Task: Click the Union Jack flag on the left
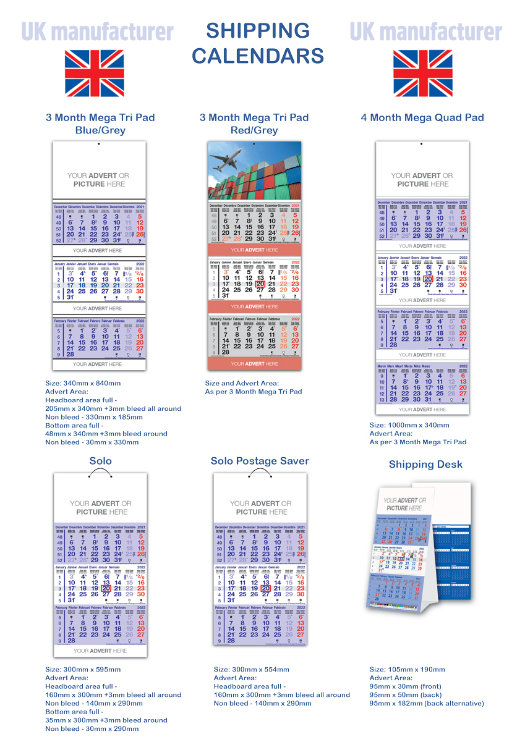95,74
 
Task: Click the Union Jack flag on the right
423,74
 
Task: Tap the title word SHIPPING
258,31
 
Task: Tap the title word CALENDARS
258,56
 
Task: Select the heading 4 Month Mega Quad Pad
422,117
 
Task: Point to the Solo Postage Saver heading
260,461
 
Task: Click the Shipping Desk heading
425,465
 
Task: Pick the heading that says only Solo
100,461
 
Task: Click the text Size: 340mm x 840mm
83,383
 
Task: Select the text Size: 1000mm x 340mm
409,425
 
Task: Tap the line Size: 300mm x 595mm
83,669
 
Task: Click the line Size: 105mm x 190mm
407,669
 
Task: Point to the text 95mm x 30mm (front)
405,686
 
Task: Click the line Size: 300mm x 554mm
252,669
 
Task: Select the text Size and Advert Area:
242,383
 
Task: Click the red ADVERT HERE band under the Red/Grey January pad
255,306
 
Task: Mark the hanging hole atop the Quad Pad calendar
422,149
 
